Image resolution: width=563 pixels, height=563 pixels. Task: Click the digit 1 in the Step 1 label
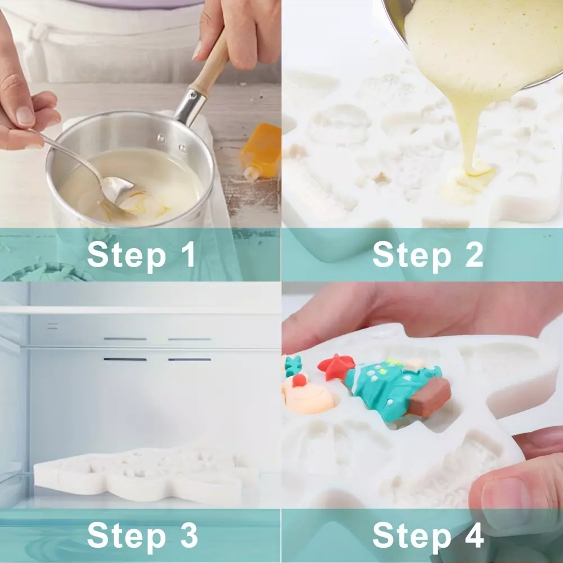coord(188,254)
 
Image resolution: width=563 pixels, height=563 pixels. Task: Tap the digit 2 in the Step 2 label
coord(474,254)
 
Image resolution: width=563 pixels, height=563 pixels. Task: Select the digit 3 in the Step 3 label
coord(188,535)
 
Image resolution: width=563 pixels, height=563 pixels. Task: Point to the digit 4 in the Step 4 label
coord(474,535)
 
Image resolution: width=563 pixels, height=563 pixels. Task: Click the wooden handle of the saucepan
coord(210,65)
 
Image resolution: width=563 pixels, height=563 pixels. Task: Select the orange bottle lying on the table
coord(260,151)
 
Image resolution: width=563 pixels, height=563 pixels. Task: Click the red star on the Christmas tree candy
coord(335,366)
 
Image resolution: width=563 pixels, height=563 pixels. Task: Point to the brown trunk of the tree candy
coord(430,397)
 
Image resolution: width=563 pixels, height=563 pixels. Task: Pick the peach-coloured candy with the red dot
coord(308,395)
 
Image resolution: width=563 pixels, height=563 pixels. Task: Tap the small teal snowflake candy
coord(293,366)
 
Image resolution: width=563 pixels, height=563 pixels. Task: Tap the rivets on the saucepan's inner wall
coord(171,143)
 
